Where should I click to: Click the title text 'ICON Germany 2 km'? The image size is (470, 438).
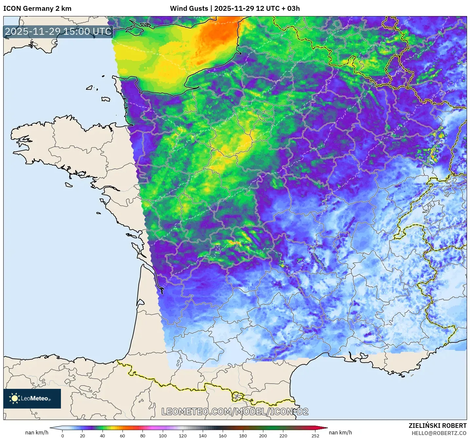tap(37, 9)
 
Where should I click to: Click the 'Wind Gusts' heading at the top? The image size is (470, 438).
tap(189, 9)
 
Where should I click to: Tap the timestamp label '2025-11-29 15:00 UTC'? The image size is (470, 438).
tap(58, 31)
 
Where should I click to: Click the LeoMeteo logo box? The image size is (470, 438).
tap(32, 398)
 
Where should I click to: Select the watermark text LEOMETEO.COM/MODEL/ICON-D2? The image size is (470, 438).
tap(235, 411)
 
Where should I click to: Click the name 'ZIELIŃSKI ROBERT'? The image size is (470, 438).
tap(438, 426)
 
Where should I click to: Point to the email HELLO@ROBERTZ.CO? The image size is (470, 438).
tap(439, 433)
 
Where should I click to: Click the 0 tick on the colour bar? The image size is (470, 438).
tap(63, 436)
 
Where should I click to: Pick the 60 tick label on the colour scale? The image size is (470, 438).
tap(122, 436)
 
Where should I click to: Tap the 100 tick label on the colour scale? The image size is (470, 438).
tap(163, 436)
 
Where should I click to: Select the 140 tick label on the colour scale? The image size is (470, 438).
tap(203, 436)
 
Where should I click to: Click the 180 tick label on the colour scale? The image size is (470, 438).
tap(243, 436)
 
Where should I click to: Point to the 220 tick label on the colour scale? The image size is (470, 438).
tap(283, 436)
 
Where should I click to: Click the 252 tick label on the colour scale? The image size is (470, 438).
tap(315, 436)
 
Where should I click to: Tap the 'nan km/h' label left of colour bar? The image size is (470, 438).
tap(37, 432)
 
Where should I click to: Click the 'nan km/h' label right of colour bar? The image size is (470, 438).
tap(340, 432)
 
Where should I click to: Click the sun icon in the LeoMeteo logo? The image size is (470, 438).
tap(14, 398)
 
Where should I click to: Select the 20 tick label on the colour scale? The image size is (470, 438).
tap(83, 436)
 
